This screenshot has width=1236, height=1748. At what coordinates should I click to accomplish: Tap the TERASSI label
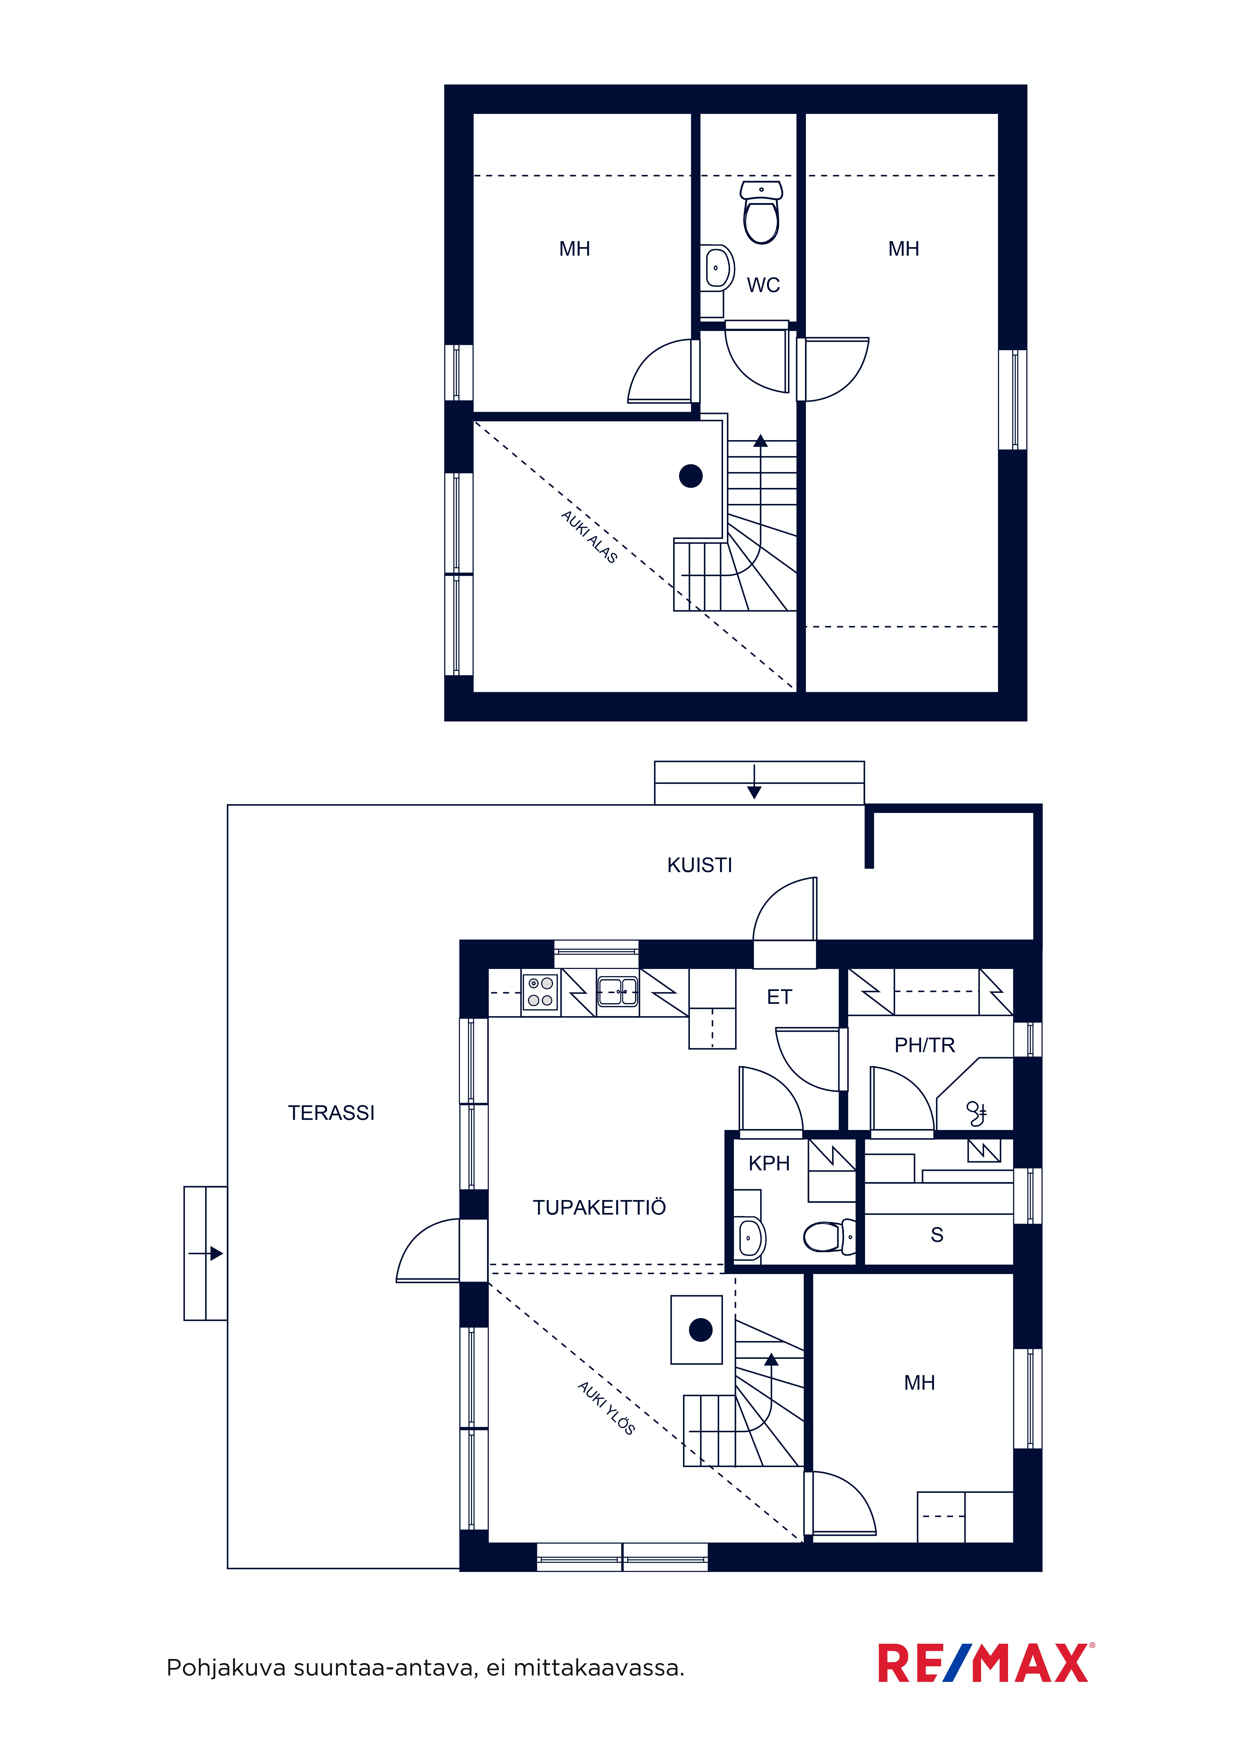tap(331, 1113)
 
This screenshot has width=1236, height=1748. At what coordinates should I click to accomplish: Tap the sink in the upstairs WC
tap(717, 267)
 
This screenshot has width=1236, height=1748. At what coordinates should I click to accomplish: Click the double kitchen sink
tap(618, 991)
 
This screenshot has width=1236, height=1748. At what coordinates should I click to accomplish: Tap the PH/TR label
tap(925, 1045)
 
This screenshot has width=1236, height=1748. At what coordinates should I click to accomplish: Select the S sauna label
tap(937, 1235)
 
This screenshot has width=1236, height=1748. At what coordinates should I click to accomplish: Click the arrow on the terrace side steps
tap(206, 1253)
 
